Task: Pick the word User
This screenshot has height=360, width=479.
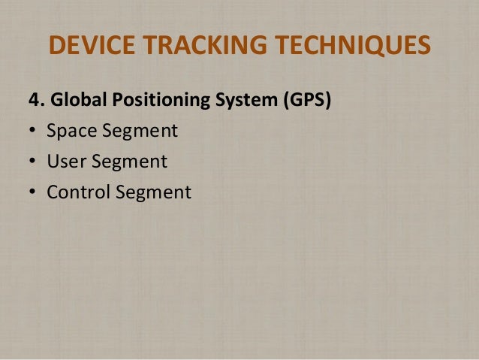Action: [x=65, y=162]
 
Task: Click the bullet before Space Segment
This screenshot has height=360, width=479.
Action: [x=32, y=132]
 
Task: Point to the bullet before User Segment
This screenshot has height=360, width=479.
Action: [x=32, y=162]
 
